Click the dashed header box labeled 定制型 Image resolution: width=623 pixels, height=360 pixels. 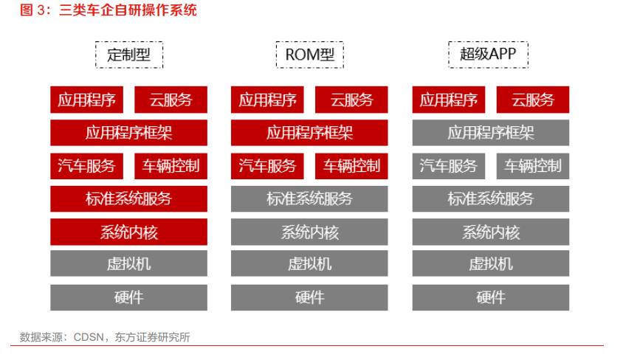pyautogui.click(x=129, y=55)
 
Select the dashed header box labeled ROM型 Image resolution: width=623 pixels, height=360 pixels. pyautogui.click(x=310, y=55)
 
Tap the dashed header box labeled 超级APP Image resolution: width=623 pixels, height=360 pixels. pyautogui.click(x=489, y=55)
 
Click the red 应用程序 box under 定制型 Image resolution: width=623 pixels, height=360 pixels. pyautogui.click(x=86, y=100)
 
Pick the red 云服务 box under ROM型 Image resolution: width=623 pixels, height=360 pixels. pyautogui.click(x=351, y=100)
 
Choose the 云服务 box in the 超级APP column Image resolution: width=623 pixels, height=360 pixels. pyautogui.click(x=533, y=100)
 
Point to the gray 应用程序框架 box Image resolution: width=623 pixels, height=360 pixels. pyautogui.click(x=491, y=133)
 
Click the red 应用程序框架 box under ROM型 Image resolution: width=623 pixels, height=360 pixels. pyautogui.click(x=309, y=133)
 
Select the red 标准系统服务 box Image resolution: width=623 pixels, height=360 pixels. pyautogui.click(x=128, y=198)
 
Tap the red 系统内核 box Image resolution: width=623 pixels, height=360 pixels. pyautogui.click(x=128, y=232)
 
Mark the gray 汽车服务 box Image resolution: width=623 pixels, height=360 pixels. pyautogui.click(x=449, y=166)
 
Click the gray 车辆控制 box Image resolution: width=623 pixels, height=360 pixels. pyautogui.click(x=533, y=166)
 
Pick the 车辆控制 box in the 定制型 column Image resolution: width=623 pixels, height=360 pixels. pyautogui.click(x=171, y=166)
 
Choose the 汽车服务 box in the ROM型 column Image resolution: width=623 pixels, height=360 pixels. pyautogui.click(x=267, y=166)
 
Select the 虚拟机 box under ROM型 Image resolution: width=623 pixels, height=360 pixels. pyautogui.click(x=309, y=263)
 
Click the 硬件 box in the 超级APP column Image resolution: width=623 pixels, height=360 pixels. pyautogui.click(x=491, y=297)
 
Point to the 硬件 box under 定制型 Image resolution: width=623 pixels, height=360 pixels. pyautogui.click(x=128, y=297)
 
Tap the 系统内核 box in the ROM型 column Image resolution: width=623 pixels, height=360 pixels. pyautogui.click(x=309, y=232)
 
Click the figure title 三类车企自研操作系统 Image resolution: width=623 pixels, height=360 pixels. pyautogui.click(x=128, y=10)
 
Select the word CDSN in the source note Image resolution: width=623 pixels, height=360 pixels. pyautogui.click(x=89, y=337)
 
